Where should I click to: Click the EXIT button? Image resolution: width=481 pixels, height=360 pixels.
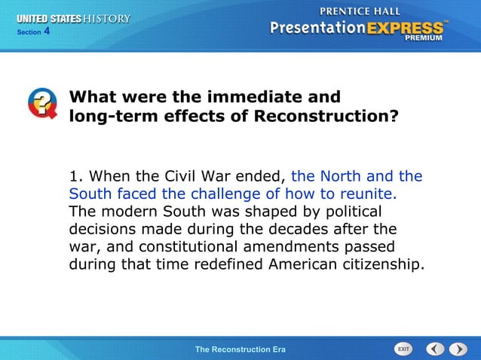[x=403, y=349]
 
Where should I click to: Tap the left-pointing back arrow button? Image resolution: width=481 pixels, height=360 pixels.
[x=435, y=349]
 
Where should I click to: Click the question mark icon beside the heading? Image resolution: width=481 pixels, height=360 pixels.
[x=42, y=103]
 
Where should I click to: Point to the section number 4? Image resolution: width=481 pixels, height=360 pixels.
[x=46, y=31]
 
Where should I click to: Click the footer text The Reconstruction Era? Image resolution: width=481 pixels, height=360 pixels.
[x=240, y=349]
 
